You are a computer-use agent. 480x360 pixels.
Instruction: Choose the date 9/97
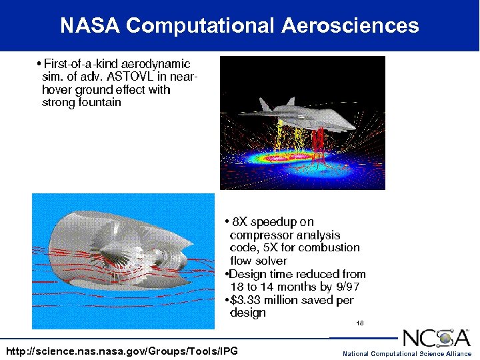point(345,287)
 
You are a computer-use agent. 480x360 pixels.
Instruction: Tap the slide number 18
point(359,323)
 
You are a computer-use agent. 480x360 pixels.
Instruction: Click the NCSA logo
point(437,338)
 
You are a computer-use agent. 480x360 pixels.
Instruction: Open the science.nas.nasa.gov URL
point(121,351)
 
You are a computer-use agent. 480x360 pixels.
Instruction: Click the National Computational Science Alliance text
point(407,353)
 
